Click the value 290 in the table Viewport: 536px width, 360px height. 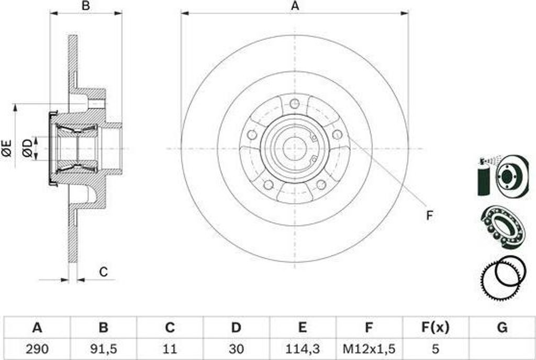[x=37, y=349]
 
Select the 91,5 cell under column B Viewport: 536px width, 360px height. [x=103, y=349]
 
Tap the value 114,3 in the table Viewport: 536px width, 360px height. [x=302, y=349]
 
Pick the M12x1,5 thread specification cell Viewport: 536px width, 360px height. [x=369, y=349]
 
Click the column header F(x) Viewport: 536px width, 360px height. [x=435, y=328]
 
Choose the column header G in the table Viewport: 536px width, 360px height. [x=502, y=328]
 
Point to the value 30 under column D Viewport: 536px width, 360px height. [x=236, y=349]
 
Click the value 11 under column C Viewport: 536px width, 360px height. [x=170, y=349]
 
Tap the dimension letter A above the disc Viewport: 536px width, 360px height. [x=295, y=6]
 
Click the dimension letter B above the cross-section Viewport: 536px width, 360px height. [x=86, y=6]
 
